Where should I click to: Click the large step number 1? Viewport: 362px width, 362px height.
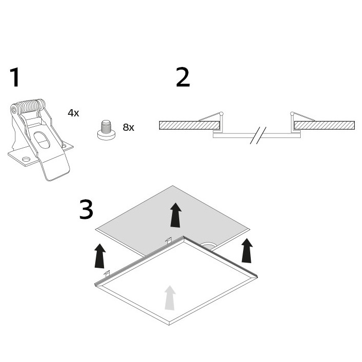pos(15,77)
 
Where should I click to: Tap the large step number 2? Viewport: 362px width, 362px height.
pos(183,77)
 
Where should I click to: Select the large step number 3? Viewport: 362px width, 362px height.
pos(86,210)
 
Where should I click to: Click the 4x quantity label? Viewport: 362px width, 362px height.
pos(74,113)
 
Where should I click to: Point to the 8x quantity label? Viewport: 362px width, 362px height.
pos(128,127)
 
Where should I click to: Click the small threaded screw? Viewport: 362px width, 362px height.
pos(106,130)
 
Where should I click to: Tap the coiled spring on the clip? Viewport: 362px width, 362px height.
pos(29,106)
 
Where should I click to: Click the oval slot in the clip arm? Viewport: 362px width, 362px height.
pos(42,140)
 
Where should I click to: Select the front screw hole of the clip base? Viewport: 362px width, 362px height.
pos(26,159)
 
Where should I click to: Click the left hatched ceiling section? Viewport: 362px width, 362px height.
pos(189,125)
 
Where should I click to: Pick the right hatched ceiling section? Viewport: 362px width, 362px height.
pos(324,125)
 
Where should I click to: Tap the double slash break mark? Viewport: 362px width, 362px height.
pos(258,135)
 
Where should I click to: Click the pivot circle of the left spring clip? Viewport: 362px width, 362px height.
pos(221,114)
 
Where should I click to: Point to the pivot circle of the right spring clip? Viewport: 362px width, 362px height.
pos(292,114)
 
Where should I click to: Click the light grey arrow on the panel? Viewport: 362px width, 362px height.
pos(170,298)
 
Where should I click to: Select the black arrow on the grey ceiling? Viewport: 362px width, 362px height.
pos(176,215)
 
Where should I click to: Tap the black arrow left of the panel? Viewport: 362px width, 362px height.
pos(100,256)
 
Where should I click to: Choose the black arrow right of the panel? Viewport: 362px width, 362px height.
pos(247,250)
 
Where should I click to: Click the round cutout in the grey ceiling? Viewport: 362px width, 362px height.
pos(208,246)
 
